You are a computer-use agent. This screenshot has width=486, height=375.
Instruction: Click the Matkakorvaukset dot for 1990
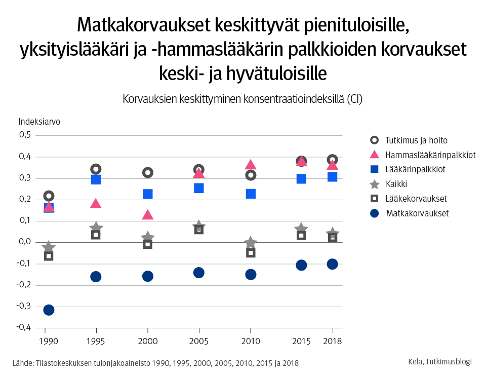[x=49, y=310]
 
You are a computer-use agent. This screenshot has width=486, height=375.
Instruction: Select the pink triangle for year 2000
[x=147, y=215]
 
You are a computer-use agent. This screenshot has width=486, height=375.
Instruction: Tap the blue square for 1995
[x=96, y=179]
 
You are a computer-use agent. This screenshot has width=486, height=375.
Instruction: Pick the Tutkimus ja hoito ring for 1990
[x=49, y=196]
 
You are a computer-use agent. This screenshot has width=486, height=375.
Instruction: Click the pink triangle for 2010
[x=251, y=165]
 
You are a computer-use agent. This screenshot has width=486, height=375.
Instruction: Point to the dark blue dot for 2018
[x=332, y=264]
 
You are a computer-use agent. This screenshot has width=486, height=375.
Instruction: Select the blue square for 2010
[x=251, y=194]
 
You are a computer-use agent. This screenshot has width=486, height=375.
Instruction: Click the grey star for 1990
[x=49, y=247]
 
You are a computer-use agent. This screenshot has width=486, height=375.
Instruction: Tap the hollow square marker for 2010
[x=251, y=252]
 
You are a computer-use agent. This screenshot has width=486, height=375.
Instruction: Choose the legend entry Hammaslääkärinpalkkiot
[x=430, y=155]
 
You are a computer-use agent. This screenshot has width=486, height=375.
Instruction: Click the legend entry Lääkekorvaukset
[x=416, y=199]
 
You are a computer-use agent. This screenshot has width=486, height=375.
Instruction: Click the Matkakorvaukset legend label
[x=417, y=213]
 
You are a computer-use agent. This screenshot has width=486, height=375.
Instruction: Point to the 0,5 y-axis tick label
[x=25, y=135]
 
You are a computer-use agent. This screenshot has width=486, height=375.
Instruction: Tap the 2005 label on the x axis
[x=199, y=341]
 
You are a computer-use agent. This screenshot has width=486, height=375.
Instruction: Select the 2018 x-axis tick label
[x=332, y=341]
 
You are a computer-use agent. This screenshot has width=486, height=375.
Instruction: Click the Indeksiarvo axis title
[x=39, y=122]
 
